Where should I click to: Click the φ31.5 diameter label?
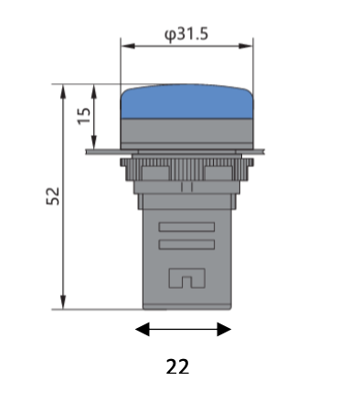[186, 35]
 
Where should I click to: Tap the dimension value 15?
[84, 116]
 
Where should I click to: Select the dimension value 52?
[53, 196]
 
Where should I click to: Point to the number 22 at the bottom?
[177, 366]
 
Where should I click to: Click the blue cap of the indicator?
[186, 101]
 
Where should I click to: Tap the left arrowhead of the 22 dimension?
[143, 329]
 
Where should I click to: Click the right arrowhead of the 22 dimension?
[224, 329]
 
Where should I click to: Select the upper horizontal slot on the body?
[186, 227]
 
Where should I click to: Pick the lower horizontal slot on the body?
[186, 245]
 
